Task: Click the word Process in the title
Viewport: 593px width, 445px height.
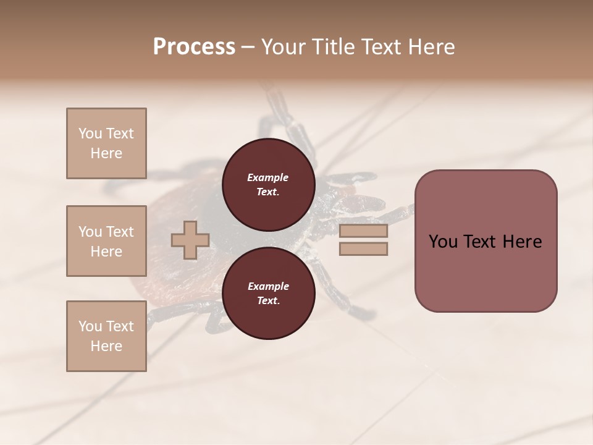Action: (x=194, y=47)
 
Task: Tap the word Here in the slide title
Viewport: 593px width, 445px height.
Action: (x=430, y=47)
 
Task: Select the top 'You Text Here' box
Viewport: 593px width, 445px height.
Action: (x=106, y=143)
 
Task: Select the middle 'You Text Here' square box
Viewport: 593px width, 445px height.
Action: (x=106, y=241)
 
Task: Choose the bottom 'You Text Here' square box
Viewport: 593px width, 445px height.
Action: (x=106, y=336)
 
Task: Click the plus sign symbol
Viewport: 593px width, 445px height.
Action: (x=190, y=240)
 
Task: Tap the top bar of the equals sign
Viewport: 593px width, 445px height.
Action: (x=363, y=231)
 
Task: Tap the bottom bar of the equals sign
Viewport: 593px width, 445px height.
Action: (x=363, y=248)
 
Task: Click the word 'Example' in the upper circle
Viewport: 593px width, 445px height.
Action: (x=267, y=177)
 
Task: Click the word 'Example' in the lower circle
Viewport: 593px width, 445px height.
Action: (x=267, y=286)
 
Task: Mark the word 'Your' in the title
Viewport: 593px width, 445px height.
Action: (x=284, y=47)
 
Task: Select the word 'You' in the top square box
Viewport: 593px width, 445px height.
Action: (x=90, y=133)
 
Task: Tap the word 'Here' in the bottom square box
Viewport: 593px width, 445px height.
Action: (x=106, y=346)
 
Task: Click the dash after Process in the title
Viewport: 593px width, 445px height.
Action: (x=248, y=47)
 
